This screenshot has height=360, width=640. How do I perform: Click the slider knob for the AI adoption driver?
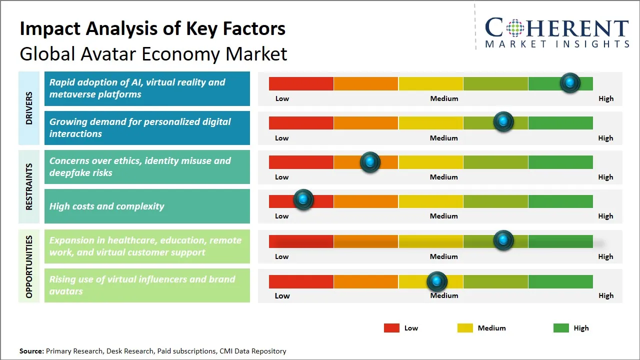coord(569,82)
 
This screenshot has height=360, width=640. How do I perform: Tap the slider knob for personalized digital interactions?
coord(503,121)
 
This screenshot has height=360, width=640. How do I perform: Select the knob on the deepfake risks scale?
coord(370,161)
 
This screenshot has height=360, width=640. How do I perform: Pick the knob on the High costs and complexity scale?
coord(303,199)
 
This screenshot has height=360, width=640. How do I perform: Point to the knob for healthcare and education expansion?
coord(503,240)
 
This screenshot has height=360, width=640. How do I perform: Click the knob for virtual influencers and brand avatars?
coord(437,281)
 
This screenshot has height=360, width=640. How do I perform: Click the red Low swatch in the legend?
coord(391,328)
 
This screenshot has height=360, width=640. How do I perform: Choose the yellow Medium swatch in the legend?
coord(465,328)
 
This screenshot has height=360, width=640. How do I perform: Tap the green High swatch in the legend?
coord(561,328)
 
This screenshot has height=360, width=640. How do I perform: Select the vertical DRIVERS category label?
coord(29,107)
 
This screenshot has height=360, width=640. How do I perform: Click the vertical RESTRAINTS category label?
coord(29,186)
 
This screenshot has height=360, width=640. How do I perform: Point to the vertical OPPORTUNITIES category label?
coord(29,266)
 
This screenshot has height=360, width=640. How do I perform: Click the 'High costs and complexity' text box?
coord(147,206)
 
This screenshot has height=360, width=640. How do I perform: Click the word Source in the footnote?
coord(31,351)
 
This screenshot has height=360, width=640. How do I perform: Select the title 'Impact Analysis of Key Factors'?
coord(152,29)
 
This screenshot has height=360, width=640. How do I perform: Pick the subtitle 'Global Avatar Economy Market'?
coord(153,54)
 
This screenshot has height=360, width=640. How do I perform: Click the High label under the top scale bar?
coord(605,98)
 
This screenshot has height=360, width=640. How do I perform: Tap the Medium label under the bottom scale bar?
coord(444,295)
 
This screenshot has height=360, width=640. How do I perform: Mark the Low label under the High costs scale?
coord(282,216)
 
